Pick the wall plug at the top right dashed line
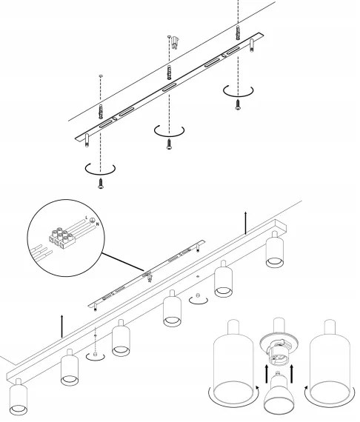pos(237,34)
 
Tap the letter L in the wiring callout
pos(87,218)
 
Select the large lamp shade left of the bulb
pos(233,361)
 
